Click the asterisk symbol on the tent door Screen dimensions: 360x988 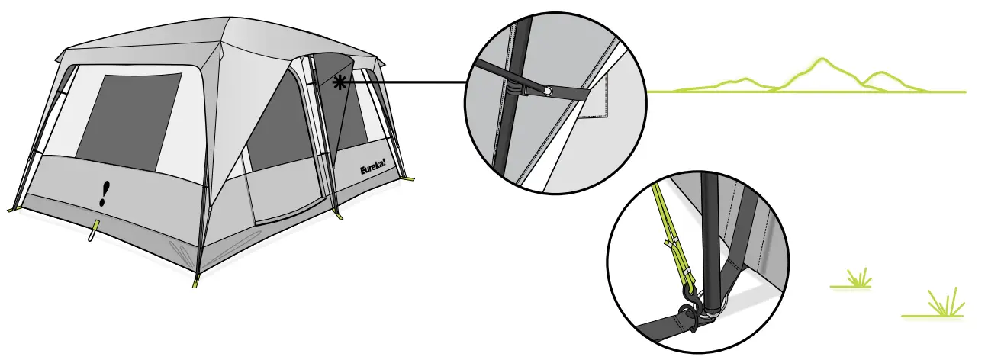pyautogui.click(x=339, y=83)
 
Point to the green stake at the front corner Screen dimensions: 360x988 pyautogui.click(x=195, y=280)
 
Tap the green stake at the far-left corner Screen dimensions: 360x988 pyautogui.click(x=11, y=208)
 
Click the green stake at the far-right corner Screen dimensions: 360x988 pyautogui.click(x=410, y=179)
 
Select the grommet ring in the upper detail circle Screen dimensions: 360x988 pyautogui.click(x=547, y=92)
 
